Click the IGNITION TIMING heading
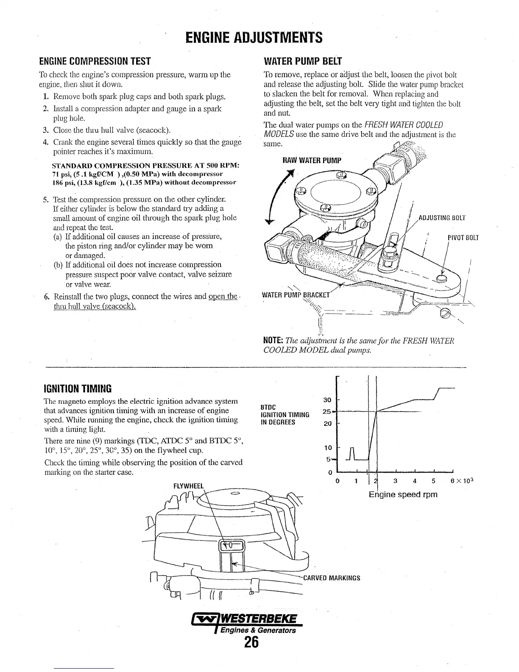(x=78, y=388)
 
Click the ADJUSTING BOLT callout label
(x=442, y=218)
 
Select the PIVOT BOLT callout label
(x=463, y=238)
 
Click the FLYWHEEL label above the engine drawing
(x=189, y=486)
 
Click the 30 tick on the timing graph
(x=327, y=400)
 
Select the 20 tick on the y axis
(x=327, y=423)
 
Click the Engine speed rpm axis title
(x=403, y=495)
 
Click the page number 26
(x=251, y=643)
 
